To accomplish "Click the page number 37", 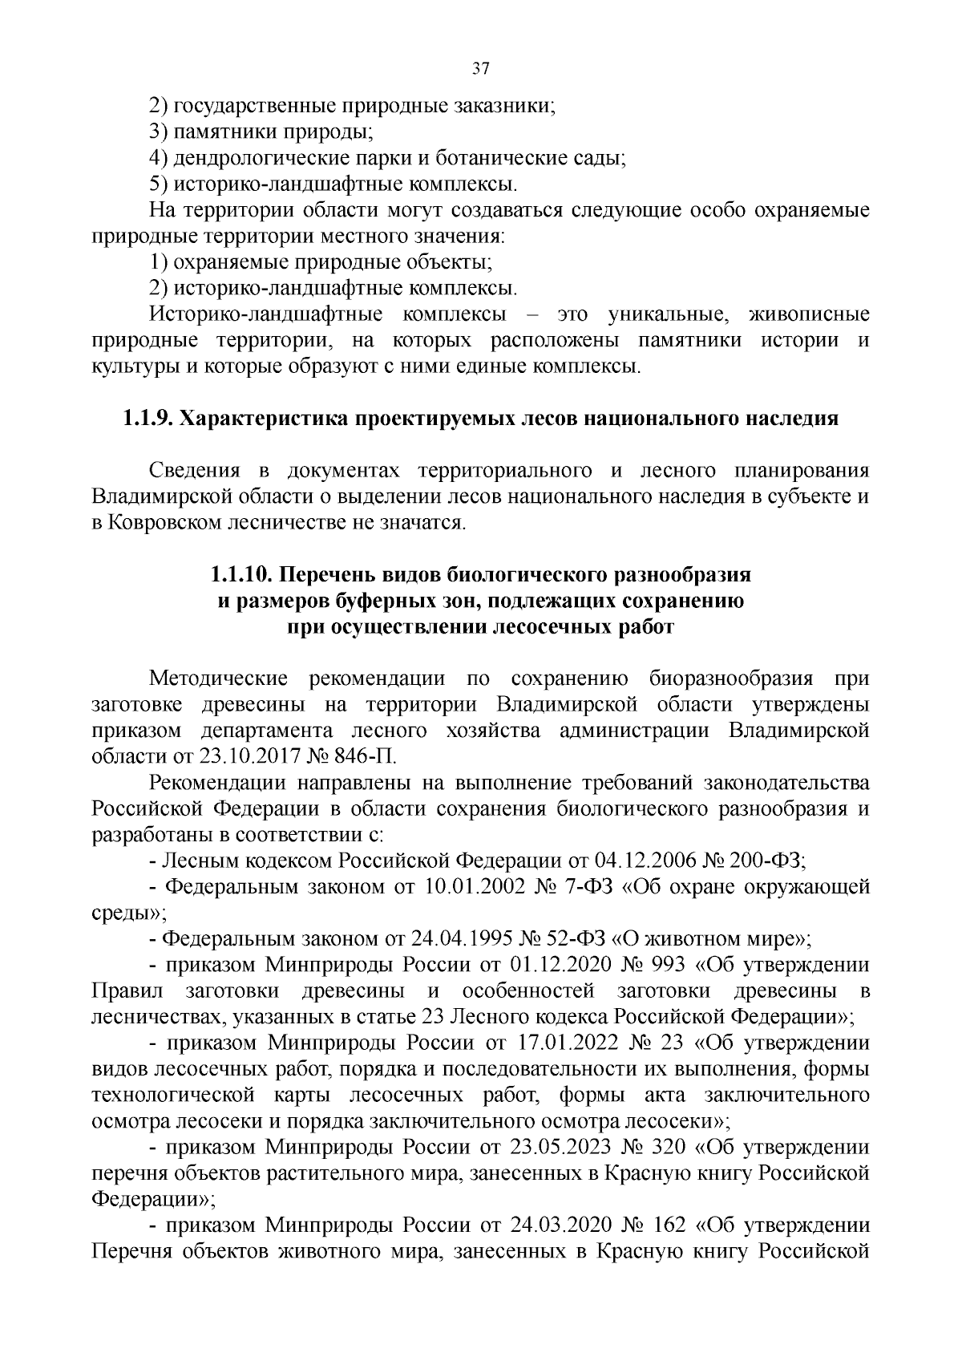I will click(x=480, y=68).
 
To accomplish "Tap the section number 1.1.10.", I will click(x=241, y=575).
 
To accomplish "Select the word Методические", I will click(x=218, y=678).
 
